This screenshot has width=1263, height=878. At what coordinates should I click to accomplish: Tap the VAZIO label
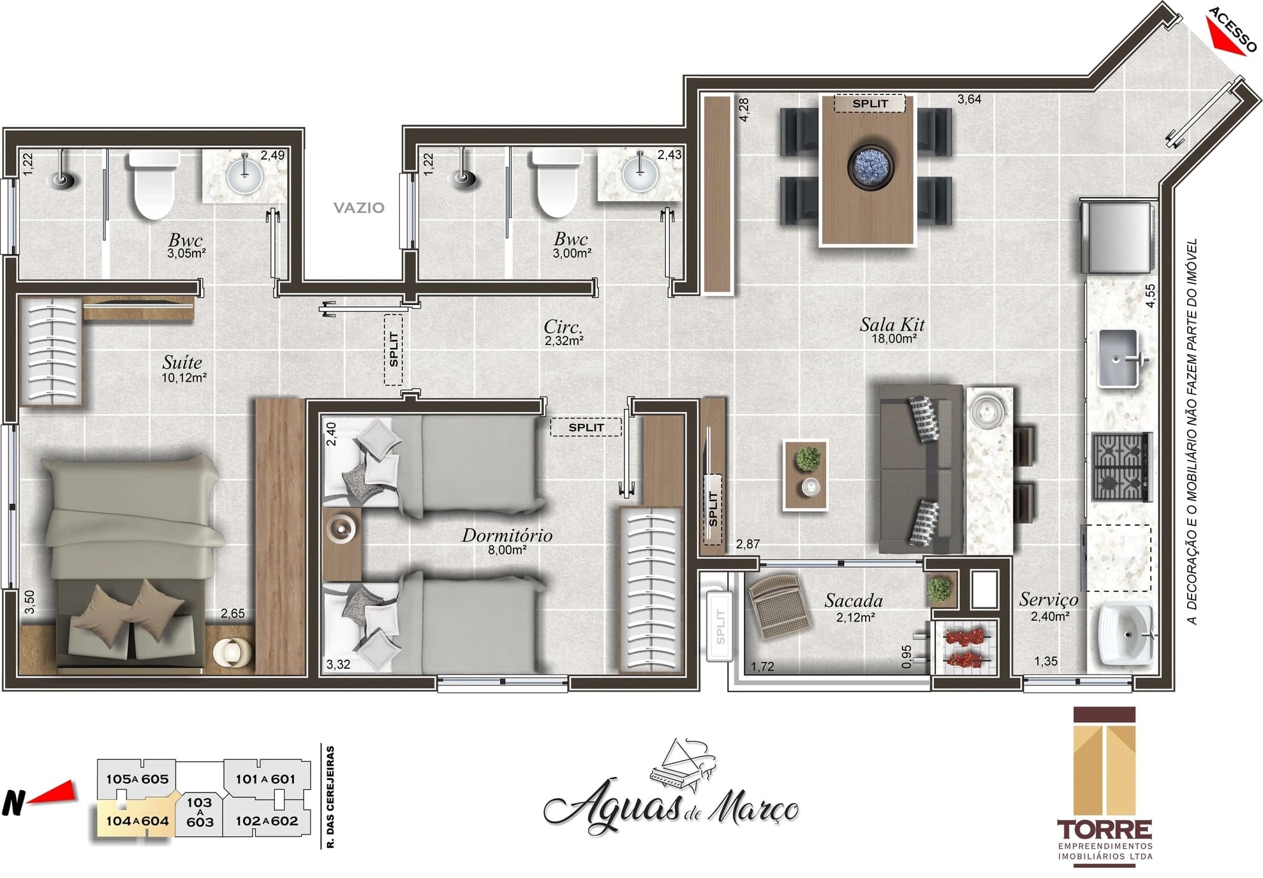click(x=358, y=207)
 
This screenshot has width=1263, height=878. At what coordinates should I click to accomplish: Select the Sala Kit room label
click(x=892, y=325)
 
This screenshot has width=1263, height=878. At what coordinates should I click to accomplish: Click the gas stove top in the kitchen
click(x=1121, y=466)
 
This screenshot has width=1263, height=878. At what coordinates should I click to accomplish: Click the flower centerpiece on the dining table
click(x=870, y=166)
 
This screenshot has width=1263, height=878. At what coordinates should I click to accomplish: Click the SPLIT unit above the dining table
click(x=870, y=103)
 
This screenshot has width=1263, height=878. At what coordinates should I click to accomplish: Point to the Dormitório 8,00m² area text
click(x=507, y=550)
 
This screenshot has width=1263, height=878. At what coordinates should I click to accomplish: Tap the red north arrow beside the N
click(x=54, y=793)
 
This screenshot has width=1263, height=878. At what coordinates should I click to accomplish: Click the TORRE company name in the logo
click(x=1105, y=830)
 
